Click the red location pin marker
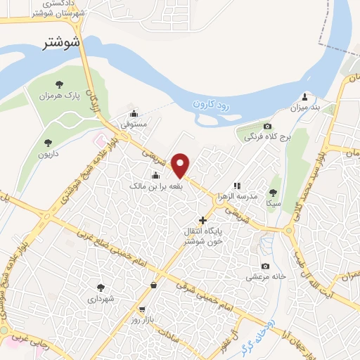click(181, 166)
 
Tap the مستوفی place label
click(134, 124)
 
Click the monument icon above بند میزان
click(304, 96)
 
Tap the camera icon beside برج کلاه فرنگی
click(247, 125)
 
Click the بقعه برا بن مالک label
click(147, 186)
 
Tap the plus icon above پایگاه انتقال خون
click(203, 220)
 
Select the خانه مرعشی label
click(265, 277)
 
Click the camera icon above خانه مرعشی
click(265, 266)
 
